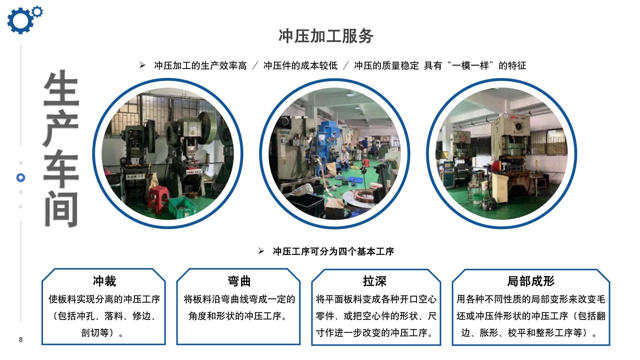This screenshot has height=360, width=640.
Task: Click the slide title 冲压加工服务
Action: coord(326,36)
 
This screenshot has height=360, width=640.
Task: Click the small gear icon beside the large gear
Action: coord(38,12)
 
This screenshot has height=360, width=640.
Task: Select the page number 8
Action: coord(21,340)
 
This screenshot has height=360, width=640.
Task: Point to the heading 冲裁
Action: coord(104,281)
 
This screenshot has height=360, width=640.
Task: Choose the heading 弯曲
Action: coord(239,281)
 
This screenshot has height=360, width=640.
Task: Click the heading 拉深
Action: coord(375,281)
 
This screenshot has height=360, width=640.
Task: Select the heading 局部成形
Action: coord(531,281)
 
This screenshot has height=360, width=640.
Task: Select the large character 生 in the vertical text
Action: coord(61,88)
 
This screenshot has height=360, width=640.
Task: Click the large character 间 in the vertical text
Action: coord(61,209)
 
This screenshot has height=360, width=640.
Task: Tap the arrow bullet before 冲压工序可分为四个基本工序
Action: coord(261,251)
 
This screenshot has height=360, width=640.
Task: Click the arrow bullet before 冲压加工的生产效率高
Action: coord(142,65)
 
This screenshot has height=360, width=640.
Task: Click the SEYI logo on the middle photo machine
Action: coord(285,133)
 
